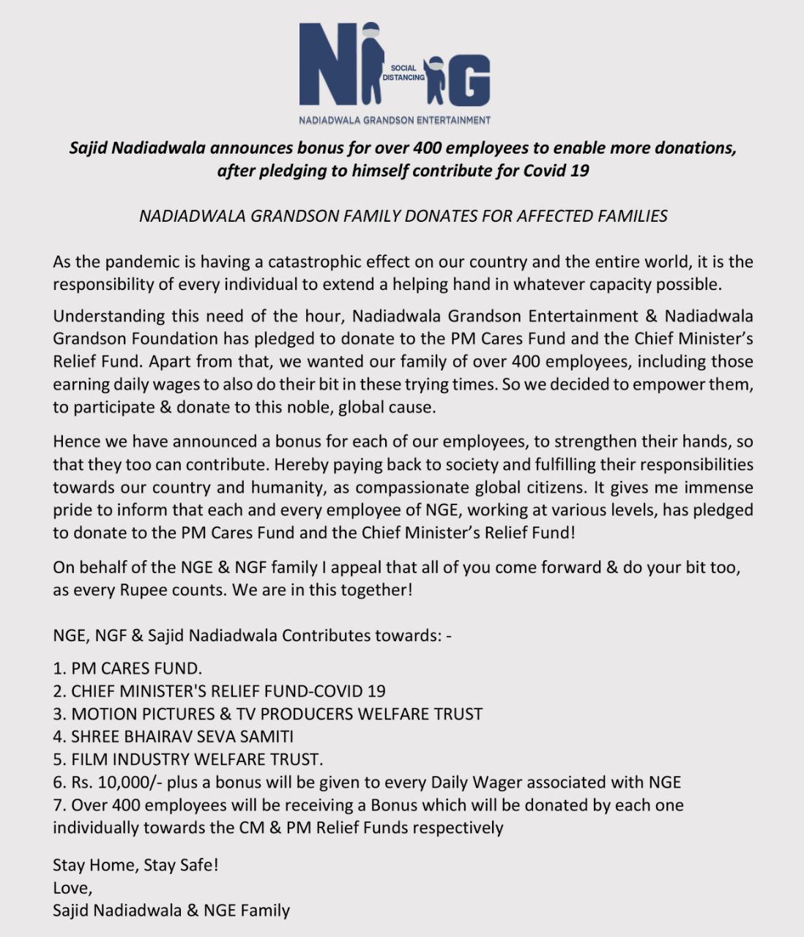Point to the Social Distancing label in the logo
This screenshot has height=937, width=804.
(403, 72)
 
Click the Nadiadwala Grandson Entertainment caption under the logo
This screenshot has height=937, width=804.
(395, 119)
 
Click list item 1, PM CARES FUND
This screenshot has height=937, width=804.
(127, 668)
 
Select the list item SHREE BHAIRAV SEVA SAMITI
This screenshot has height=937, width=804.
(174, 736)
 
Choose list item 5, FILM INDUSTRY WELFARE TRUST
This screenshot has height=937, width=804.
(188, 759)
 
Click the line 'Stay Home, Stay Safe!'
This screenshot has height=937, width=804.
(135, 865)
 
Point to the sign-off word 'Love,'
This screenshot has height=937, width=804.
(72, 887)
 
